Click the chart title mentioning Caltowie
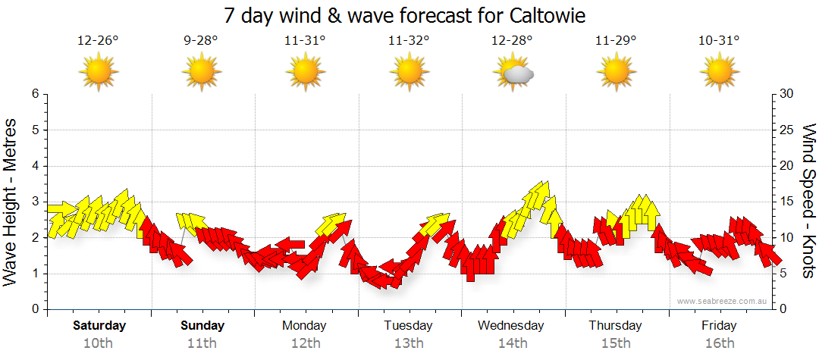pyautogui.click(x=406, y=15)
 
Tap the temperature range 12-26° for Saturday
pyautogui.click(x=98, y=41)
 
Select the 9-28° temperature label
pyautogui.click(x=201, y=41)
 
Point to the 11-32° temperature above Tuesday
pyautogui.click(x=409, y=41)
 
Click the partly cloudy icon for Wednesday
pyautogui.click(x=513, y=73)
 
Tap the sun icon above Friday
pyautogui.click(x=719, y=73)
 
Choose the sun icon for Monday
pyautogui.click(x=305, y=73)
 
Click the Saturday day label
pyautogui.click(x=99, y=326)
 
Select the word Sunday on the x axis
pyautogui.click(x=202, y=326)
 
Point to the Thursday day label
pyautogui.click(x=615, y=326)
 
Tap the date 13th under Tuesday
pyautogui.click(x=409, y=343)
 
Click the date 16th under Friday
pyautogui.click(x=719, y=343)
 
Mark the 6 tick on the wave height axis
pyautogui.click(x=34, y=94)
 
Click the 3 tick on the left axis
pyautogui.click(x=34, y=202)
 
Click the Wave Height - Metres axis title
pyautogui.click(x=11, y=202)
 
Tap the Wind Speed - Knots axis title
pyautogui.click(x=808, y=202)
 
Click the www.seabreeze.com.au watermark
pyautogui.click(x=723, y=301)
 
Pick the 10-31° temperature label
pyautogui.click(x=719, y=41)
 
